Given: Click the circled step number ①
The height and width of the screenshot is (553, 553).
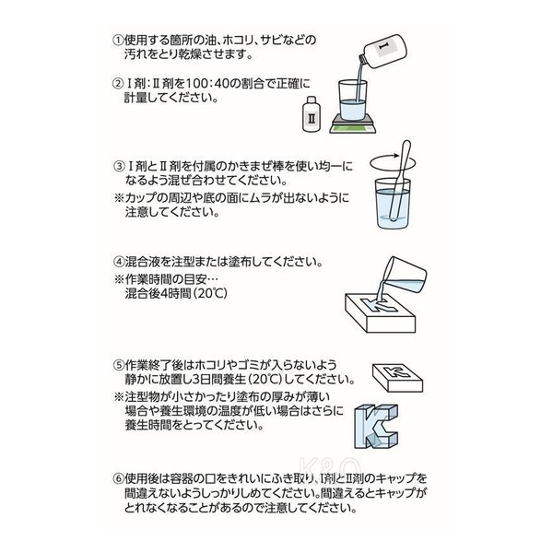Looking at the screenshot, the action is pos(118,41).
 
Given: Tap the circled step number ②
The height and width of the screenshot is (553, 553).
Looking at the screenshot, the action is pos(118,84).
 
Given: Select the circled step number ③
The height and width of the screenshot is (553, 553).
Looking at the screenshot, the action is pos(119,166).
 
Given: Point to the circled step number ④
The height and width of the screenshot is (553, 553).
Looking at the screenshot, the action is pos(119,262).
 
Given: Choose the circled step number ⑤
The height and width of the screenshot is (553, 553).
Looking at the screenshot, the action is pos(119,365).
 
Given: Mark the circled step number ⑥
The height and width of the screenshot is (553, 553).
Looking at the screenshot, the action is pos(119,479).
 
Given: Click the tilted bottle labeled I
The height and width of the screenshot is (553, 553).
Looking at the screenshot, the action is pos(382,50).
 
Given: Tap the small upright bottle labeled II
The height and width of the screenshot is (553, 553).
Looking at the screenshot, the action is pos(312,114).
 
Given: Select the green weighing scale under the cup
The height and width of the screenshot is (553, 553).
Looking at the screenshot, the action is pos(353,124).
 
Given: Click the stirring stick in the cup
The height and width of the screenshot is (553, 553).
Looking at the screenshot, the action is pos(399,181).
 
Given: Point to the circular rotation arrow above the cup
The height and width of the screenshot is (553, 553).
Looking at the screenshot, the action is pos(393,163).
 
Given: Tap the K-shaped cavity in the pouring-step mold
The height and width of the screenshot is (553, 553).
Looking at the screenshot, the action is pos(380,305).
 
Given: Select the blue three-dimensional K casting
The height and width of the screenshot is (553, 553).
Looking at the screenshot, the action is pos(376,427).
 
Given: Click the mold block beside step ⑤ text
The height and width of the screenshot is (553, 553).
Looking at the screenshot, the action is pos(398,378).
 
